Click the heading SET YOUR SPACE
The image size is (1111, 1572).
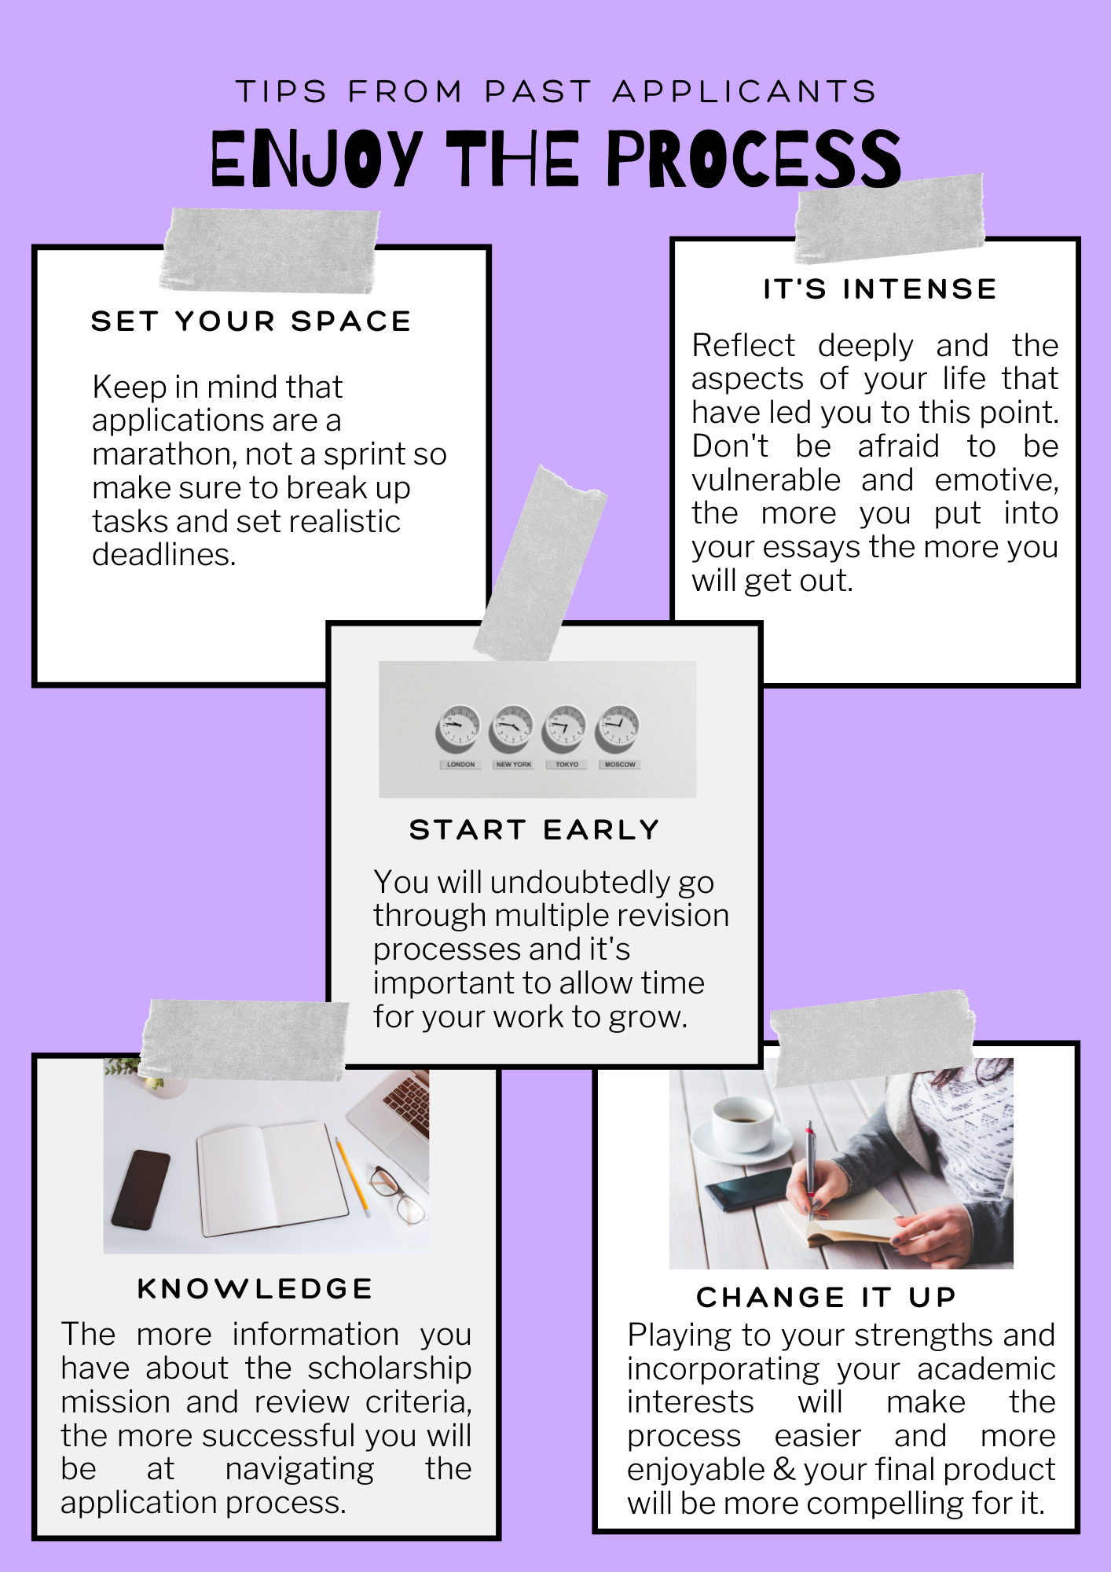pos(251,321)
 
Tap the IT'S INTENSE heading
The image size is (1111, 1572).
pos(880,288)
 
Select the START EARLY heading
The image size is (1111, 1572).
pos(534,829)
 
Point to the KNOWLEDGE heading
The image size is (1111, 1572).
pos(255,1288)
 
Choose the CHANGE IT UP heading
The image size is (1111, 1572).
pos(826,1297)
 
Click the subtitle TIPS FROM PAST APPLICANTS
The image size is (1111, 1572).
pos(555,91)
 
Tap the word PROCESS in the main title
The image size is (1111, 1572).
pos(753,159)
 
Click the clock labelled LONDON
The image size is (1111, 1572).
pos(458,728)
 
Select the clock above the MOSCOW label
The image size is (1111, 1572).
pos(618,728)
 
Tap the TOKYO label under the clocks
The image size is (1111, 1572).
pos(566,764)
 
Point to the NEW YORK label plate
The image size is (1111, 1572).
pos(513,764)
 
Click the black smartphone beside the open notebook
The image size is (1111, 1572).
pos(141,1189)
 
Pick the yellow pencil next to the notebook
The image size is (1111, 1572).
pos(353,1177)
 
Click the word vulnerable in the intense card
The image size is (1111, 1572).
pos(766,479)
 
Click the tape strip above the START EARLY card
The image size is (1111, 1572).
pos(540,563)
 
